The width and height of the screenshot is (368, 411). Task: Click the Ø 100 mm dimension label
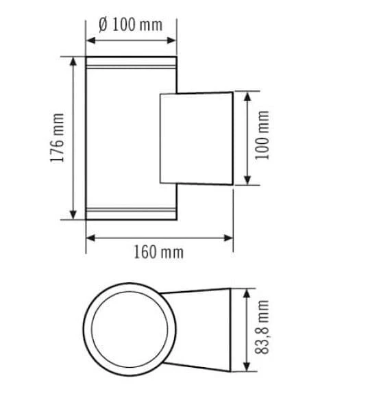pyautogui.click(x=131, y=25)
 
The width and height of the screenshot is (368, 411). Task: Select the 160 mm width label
pyautogui.click(x=159, y=252)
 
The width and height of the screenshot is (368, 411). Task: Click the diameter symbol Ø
pyautogui.click(x=103, y=25)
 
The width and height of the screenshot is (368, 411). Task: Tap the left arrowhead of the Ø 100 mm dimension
pyautogui.click(x=90, y=39)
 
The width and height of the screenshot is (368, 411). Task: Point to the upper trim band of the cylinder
pyautogui.click(x=132, y=66)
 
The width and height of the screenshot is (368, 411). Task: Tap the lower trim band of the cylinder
pyautogui.click(x=132, y=210)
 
